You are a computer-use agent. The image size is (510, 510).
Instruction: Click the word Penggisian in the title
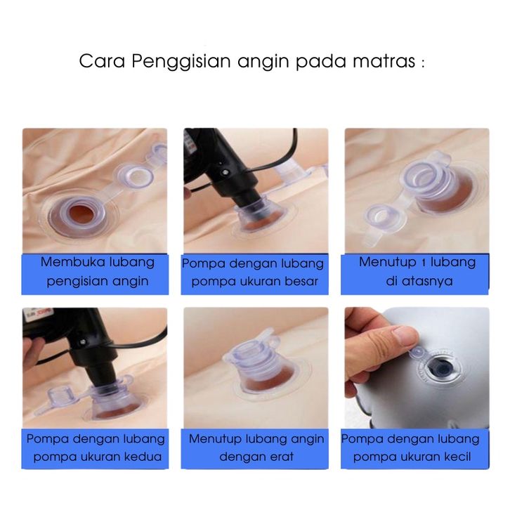pyautogui.click(x=181, y=62)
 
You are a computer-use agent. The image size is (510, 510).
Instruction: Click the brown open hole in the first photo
pyautogui.click(x=83, y=214)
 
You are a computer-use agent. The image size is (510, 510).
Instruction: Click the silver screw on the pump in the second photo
pyautogui.click(x=224, y=172)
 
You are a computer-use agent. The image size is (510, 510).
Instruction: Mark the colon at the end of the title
pyautogui.click(x=422, y=63)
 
